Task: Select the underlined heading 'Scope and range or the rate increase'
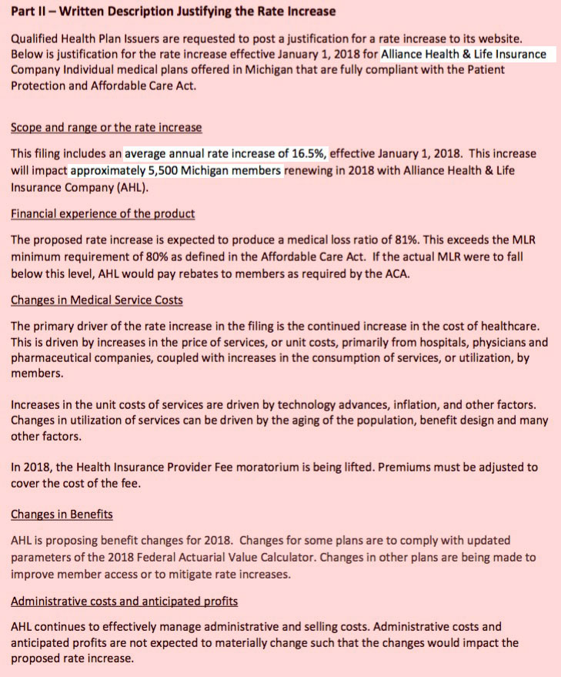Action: point(106,127)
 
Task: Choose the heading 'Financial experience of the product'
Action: point(102,213)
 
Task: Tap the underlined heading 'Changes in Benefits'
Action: point(62,514)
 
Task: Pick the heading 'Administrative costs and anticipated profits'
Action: point(124,601)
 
